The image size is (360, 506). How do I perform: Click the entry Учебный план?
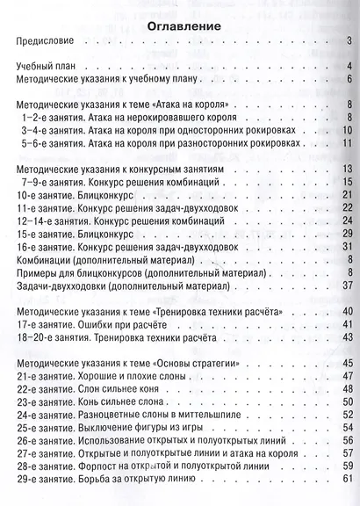pos(47,67)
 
